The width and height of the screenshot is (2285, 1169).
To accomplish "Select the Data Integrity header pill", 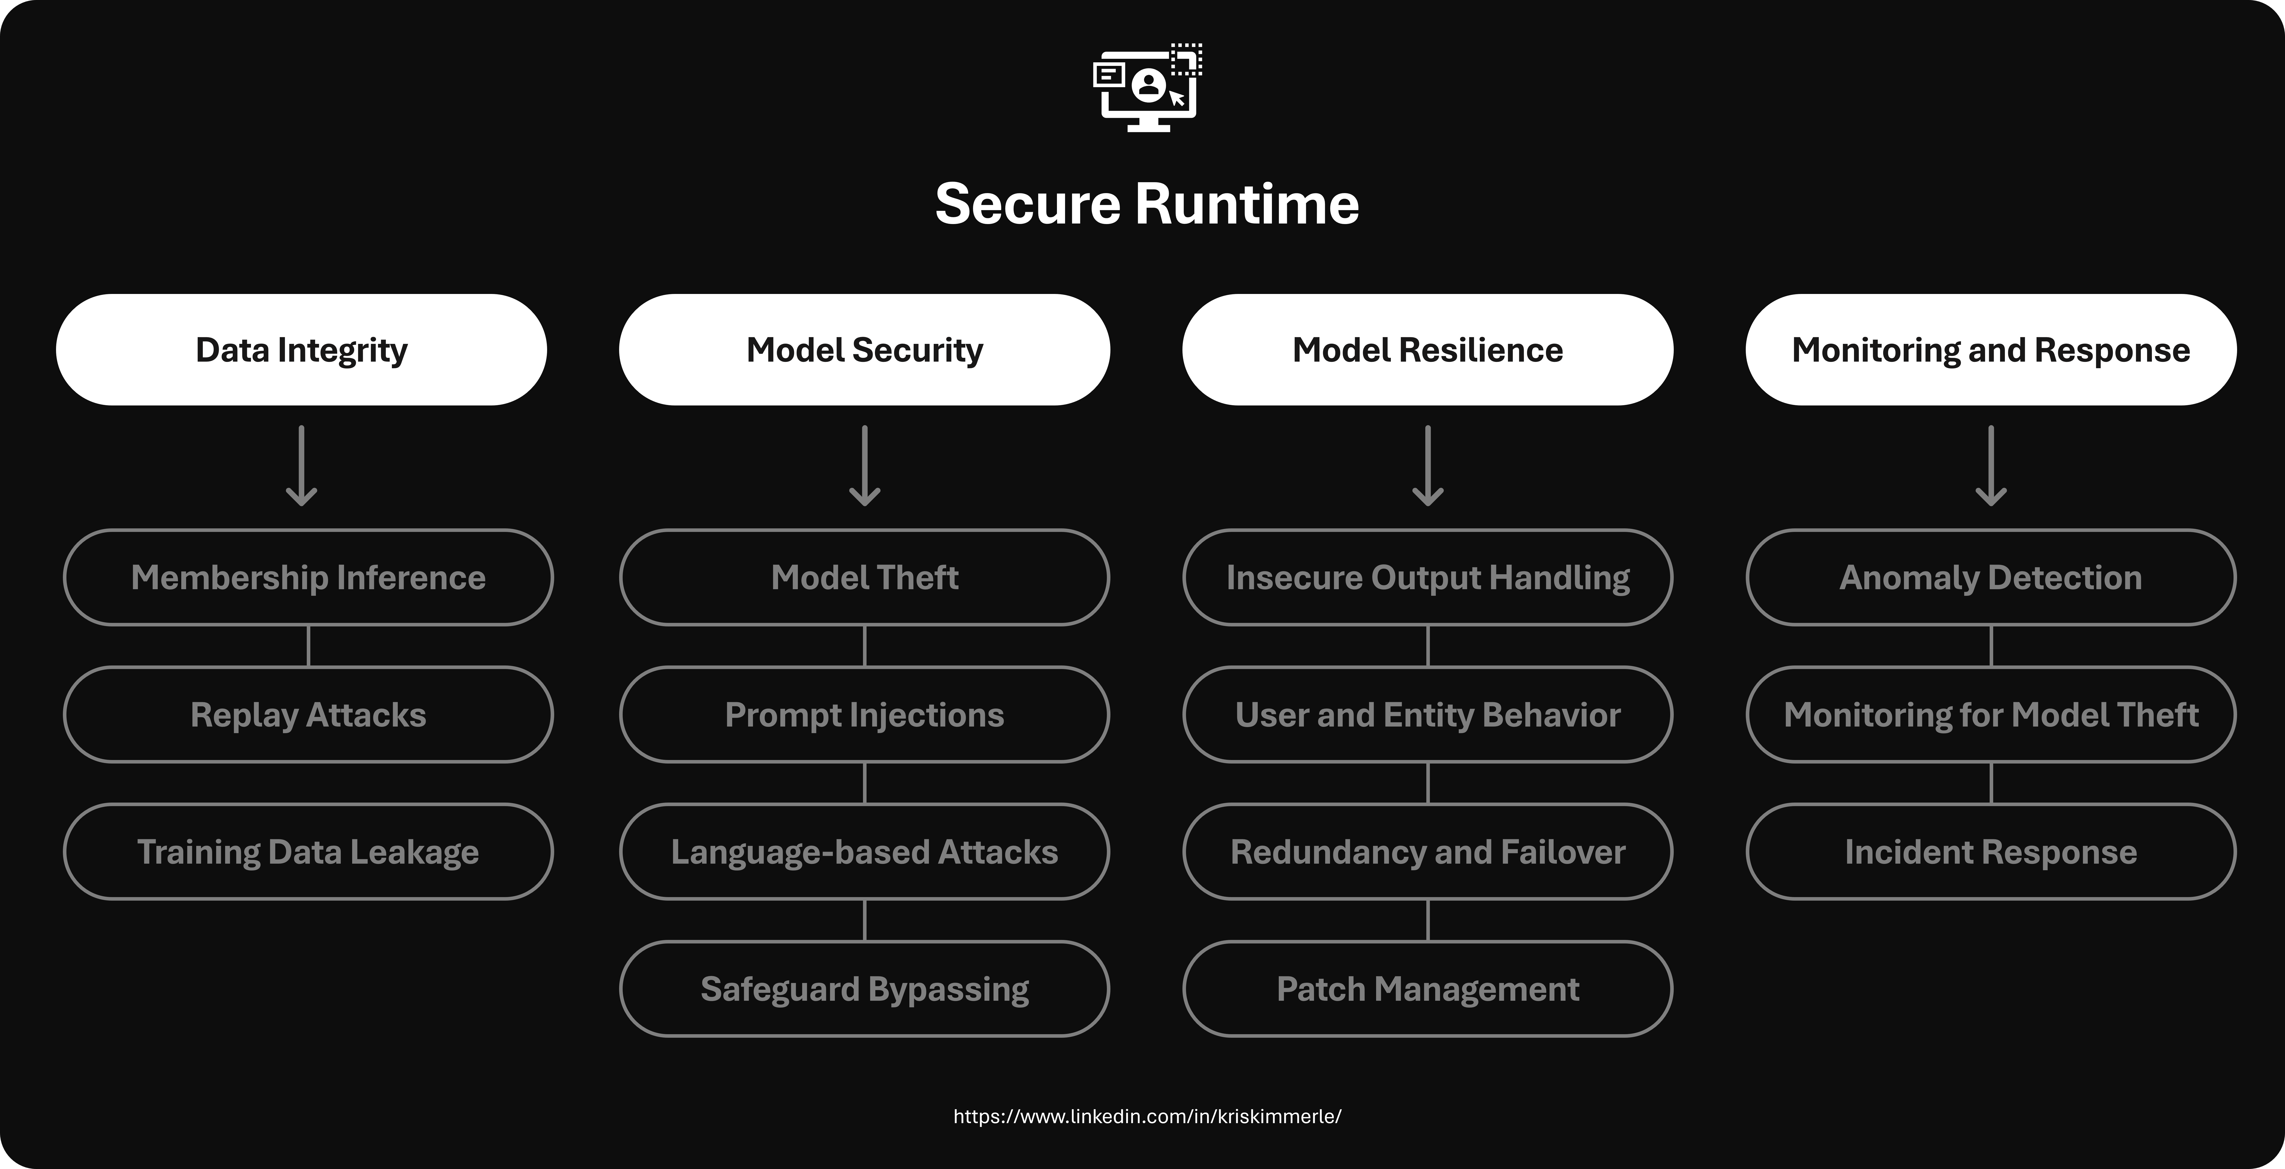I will [x=302, y=349].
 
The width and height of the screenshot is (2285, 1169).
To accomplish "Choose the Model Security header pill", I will [x=865, y=349].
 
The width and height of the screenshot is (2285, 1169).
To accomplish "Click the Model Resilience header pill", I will [x=1427, y=349].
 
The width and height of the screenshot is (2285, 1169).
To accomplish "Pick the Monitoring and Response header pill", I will [x=1990, y=349].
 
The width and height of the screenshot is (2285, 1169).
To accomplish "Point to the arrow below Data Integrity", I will [x=302, y=466].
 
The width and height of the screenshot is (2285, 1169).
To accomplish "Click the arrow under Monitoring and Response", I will [x=1990, y=466].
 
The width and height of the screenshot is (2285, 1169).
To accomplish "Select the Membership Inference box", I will [x=308, y=577].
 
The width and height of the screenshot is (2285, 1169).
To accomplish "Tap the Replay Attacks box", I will [x=308, y=715].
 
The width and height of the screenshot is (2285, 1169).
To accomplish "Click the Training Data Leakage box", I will [x=308, y=851].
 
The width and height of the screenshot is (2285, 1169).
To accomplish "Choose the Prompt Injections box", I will [x=865, y=715].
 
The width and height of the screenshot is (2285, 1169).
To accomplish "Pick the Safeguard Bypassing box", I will [x=865, y=989].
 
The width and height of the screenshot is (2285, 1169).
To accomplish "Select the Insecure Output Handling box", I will [x=1427, y=577].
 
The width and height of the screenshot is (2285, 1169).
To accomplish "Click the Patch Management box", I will [x=1427, y=989].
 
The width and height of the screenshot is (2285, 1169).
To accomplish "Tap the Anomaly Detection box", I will [x=1990, y=577].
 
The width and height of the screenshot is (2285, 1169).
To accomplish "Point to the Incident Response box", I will [x=1990, y=851].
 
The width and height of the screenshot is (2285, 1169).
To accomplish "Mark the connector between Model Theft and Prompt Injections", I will [x=865, y=646].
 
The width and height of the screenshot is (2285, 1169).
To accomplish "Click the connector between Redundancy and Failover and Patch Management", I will [x=1427, y=920].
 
